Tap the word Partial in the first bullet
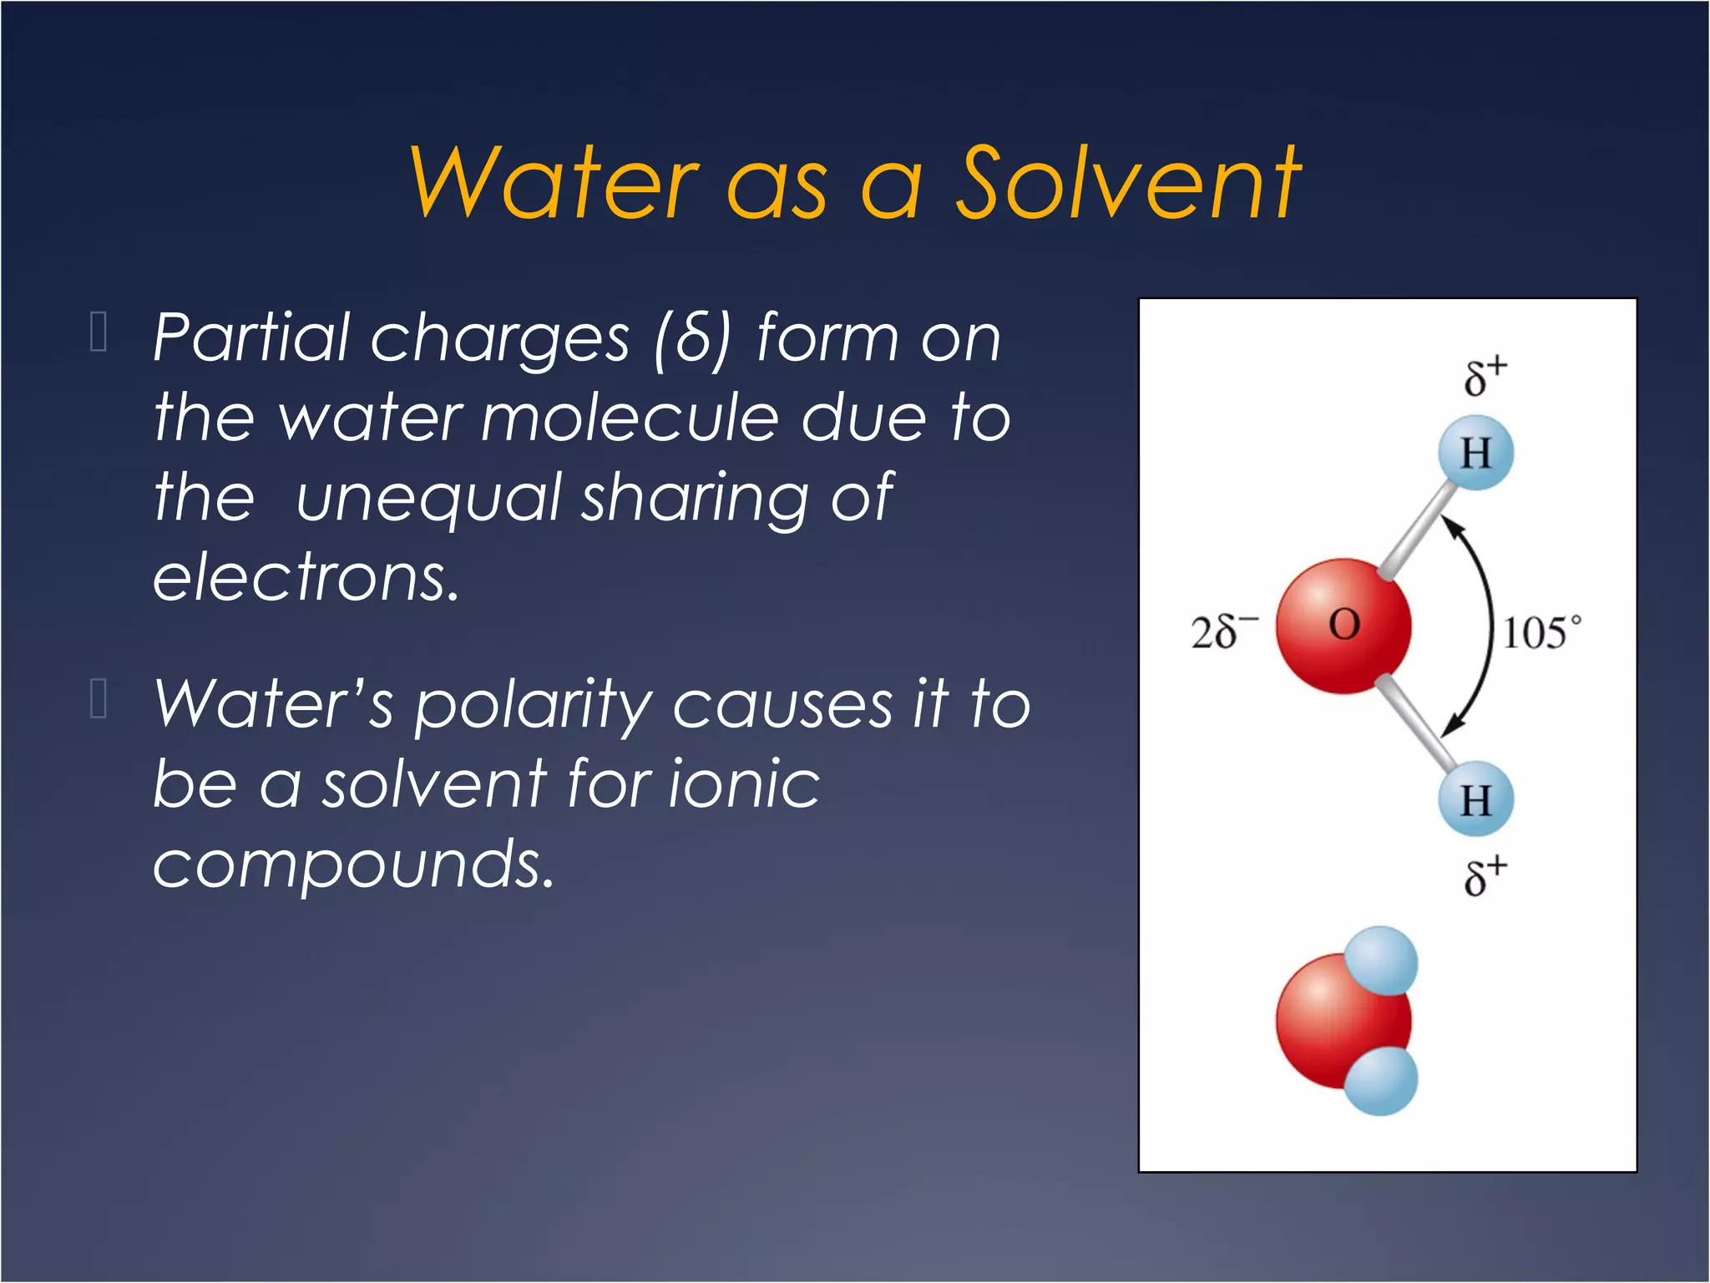pyautogui.click(x=250, y=338)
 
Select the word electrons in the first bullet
pyautogui.click(x=306, y=578)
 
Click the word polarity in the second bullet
pyautogui.click(x=534, y=707)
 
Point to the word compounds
pyautogui.click(x=353, y=865)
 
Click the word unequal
pyautogui.click(x=428, y=499)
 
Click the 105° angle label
pyautogui.click(x=1541, y=632)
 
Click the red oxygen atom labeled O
pyautogui.click(x=1343, y=626)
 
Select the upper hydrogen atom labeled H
pyautogui.click(x=1475, y=454)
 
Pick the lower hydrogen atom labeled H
pyautogui.click(x=1475, y=799)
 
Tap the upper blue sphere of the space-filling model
pyautogui.click(x=1382, y=961)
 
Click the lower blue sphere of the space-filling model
pyautogui.click(x=1382, y=1081)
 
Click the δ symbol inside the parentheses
pyautogui.click(x=692, y=338)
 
